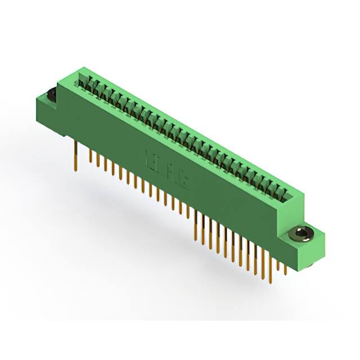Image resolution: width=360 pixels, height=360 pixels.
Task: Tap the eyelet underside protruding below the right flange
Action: click(x=310, y=264)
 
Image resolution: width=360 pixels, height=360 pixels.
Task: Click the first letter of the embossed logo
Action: click(x=150, y=156)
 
